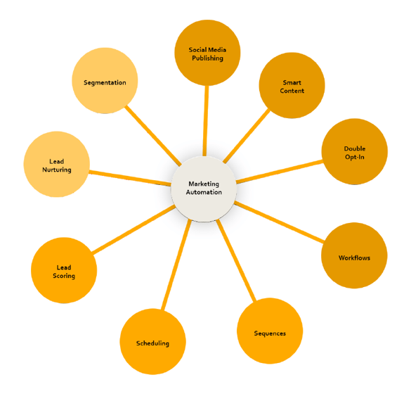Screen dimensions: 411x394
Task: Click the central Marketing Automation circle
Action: click(x=204, y=189)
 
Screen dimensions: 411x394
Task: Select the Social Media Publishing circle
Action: click(x=207, y=53)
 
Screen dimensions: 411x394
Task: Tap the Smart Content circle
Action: click(x=292, y=86)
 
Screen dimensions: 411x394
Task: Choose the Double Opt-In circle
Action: click(x=355, y=152)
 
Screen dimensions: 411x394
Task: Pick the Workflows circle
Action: click(x=354, y=255)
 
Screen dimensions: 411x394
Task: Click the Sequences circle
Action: click(x=270, y=331)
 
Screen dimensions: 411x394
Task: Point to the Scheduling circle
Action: click(x=153, y=342)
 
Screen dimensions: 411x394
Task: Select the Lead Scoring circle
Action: click(x=64, y=271)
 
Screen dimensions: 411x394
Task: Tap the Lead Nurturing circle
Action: click(x=57, y=165)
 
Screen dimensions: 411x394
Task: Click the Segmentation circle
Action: click(x=105, y=81)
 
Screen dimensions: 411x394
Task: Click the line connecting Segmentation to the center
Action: click(x=153, y=136)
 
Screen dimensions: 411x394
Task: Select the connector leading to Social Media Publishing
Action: click(x=206, y=121)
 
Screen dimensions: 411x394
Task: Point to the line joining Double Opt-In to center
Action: click(x=280, y=172)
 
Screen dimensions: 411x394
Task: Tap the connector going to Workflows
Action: click(x=279, y=222)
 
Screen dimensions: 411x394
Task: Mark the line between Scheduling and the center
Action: click(x=176, y=265)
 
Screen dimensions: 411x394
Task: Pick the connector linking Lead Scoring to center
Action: click(x=133, y=230)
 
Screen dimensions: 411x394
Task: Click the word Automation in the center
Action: click(x=204, y=192)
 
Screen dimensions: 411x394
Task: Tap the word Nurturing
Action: click(x=57, y=170)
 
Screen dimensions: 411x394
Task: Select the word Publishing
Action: click(x=207, y=58)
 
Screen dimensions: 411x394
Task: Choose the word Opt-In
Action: click(x=355, y=157)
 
